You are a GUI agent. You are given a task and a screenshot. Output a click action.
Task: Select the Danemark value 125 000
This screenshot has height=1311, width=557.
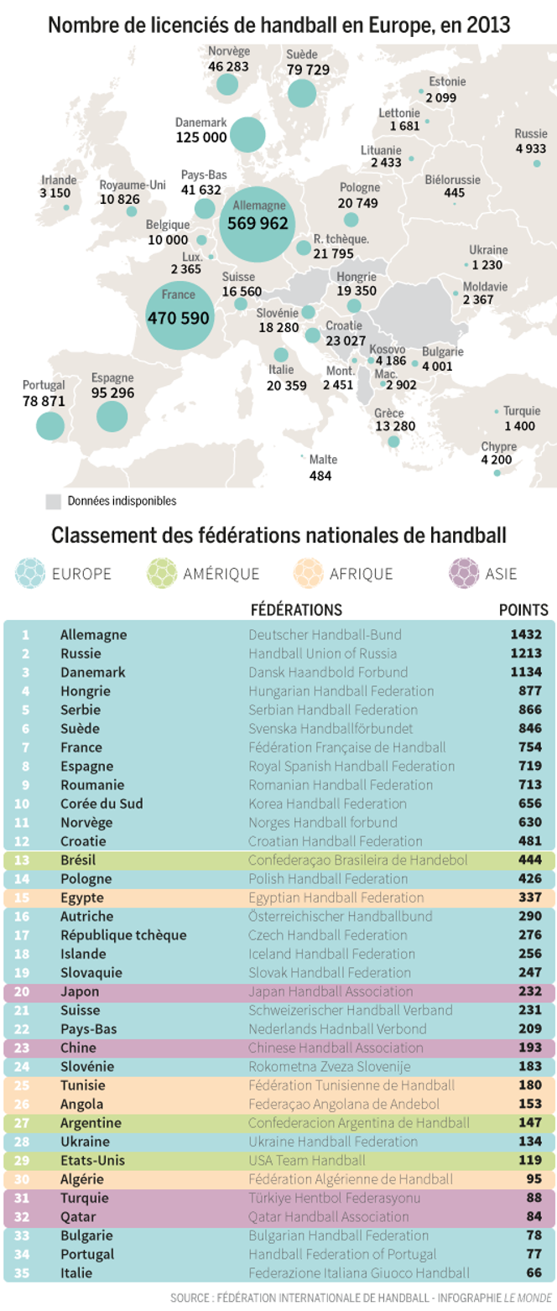click(201, 136)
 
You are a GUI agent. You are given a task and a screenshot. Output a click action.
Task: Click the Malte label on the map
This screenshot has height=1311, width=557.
click(323, 460)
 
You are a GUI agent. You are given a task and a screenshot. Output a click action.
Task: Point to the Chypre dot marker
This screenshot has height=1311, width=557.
click(497, 473)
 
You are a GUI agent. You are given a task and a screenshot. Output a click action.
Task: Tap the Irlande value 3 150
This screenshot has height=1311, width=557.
click(55, 193)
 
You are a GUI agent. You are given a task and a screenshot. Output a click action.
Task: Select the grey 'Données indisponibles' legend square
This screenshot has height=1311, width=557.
click(54, 501)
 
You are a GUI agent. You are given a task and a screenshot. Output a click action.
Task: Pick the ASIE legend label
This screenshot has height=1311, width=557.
click(501, 575)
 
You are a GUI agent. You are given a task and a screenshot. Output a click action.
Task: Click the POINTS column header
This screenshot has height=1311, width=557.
click(523, 610)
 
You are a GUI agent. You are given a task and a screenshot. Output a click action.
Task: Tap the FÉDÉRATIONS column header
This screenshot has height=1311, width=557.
click(296, 610)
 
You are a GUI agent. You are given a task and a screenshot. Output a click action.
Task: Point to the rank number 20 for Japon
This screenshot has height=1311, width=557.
click(25, 991)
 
